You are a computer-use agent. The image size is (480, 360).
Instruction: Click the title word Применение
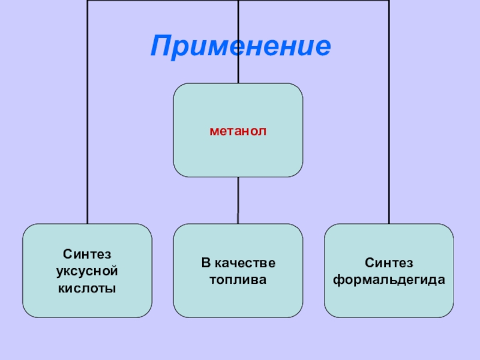click(x=241, y=46)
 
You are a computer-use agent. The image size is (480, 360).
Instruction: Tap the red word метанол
click(x=238, y=130)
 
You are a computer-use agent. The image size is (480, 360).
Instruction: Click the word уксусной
click(x=87, y=271)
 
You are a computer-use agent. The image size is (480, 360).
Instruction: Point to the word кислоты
click(x=87, y=288)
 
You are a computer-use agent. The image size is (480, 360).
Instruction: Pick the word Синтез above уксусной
click(x=87, y=254)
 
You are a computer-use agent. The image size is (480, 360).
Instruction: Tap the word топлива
click(x=238, y=280)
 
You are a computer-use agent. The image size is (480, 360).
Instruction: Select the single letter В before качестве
click(x=205, y=263)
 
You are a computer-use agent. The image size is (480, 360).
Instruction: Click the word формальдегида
click(x=389, y=280)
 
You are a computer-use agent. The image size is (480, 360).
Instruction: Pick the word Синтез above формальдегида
click(x=389, y=263)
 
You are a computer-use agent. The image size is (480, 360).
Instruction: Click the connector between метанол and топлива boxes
click(x=238, y=200)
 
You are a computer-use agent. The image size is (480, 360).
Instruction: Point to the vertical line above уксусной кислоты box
click(x=88, y=120)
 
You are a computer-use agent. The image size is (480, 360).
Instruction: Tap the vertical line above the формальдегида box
click(x=389, y=120)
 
